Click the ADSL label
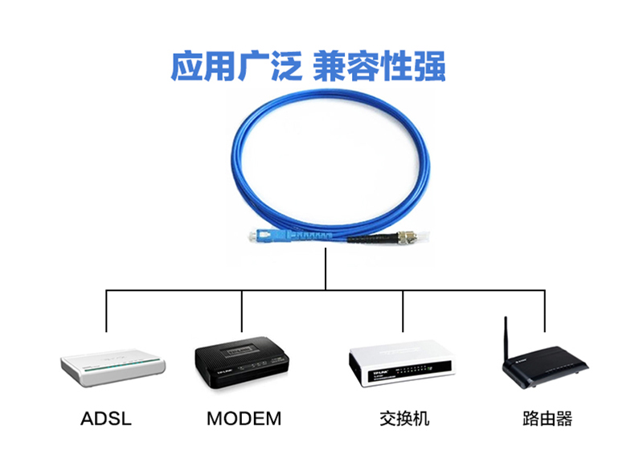pos(106,419)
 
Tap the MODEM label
pos(244,419)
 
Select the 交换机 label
pos(404,419)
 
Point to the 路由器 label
pos(547,419)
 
